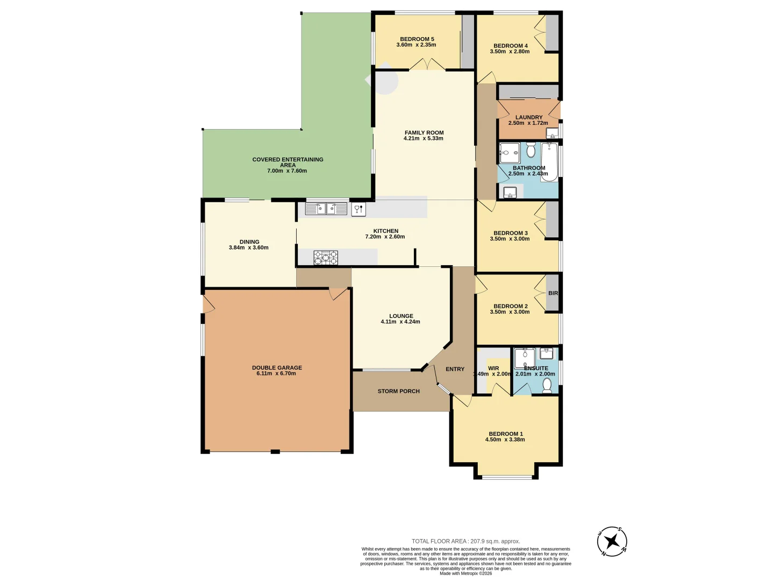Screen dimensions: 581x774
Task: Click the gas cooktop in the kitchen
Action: click(326, 258)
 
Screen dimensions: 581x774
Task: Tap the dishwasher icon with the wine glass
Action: click(359, 209)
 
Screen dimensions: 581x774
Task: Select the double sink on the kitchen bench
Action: click(326, 209)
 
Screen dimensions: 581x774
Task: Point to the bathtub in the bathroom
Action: click(549, 161)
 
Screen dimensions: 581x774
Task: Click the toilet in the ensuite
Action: click(547, 385)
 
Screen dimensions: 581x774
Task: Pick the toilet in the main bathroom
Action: click(531, 150)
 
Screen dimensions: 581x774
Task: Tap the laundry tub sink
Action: click(552, 133)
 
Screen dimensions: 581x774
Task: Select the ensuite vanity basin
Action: click(547, 353)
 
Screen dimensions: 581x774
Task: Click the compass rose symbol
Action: click(612, 541)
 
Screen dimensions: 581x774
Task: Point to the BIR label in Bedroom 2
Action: click(553, 293)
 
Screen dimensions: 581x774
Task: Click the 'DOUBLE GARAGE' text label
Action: click(277, 368)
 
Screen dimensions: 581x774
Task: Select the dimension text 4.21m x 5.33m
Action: click(424, 139)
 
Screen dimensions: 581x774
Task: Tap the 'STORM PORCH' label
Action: click(398, 391)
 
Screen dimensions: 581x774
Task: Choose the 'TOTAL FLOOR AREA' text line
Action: click(465, 541)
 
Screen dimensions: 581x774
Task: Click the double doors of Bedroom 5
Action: click(427, 65)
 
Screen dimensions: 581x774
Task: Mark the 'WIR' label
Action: click(493, 369)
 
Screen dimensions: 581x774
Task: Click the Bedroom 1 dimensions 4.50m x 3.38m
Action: click(505, 440)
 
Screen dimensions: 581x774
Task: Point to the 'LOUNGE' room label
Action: click(401, 316)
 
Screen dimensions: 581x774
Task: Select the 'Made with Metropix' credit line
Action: click(465, 573)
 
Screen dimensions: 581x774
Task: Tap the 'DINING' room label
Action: click(249, 242)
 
